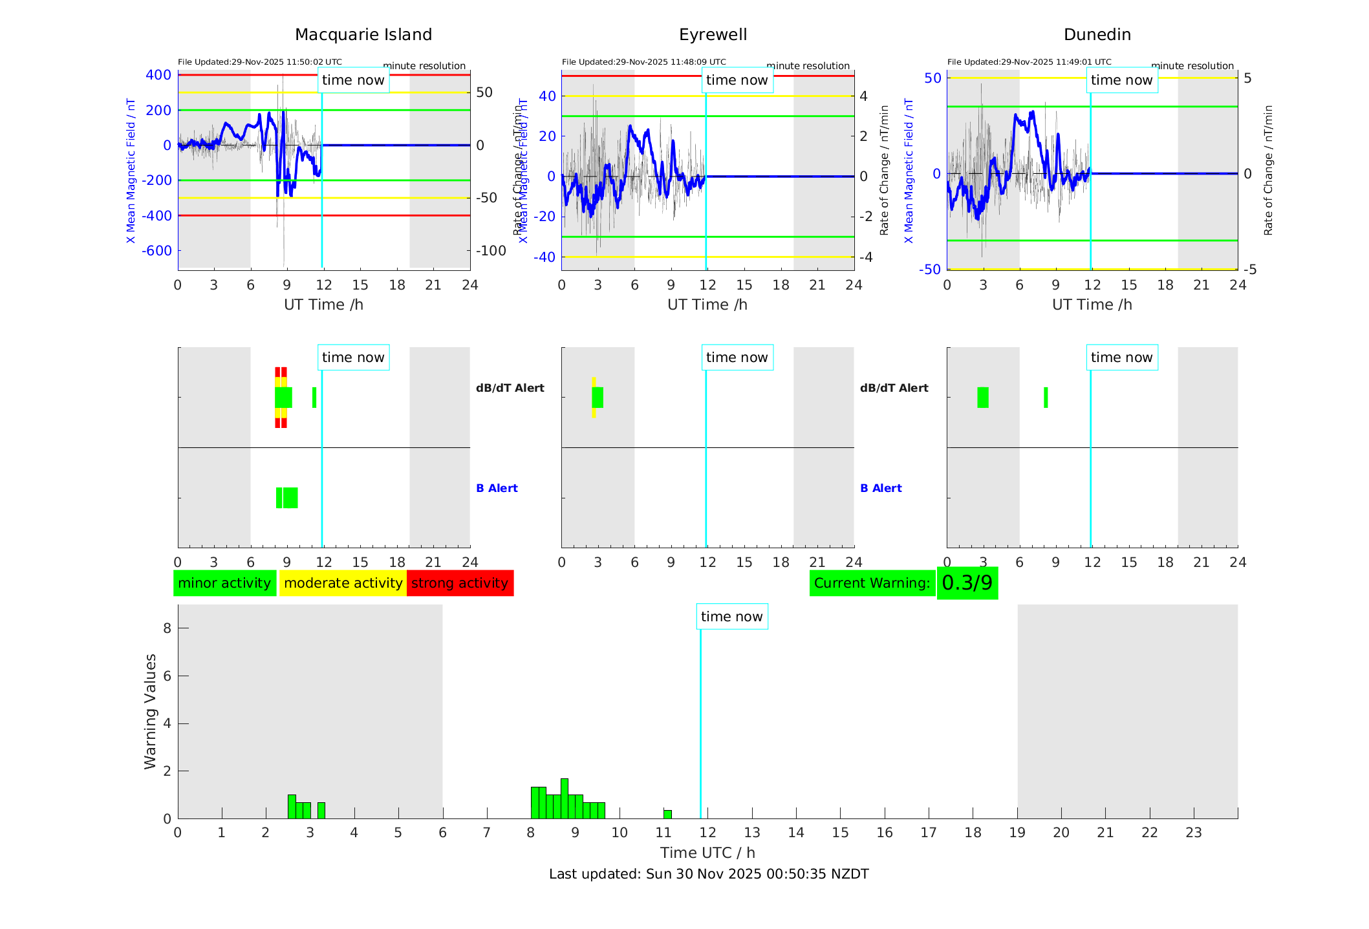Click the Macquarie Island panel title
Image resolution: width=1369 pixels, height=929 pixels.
(x=363, y=35)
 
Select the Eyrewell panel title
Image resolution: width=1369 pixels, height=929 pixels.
(x=713, y=35)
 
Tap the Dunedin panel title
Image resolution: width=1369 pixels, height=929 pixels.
(x=1097, y=35)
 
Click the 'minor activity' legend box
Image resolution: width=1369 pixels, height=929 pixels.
(x=224, y=583)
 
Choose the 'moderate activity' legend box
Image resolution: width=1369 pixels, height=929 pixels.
(x=343, y=583)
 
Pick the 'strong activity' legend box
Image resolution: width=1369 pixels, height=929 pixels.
(x=460, y=583)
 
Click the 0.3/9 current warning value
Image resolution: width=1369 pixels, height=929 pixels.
(x=967, y=583)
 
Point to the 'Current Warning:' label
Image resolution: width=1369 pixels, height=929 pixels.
(x=872, y=583)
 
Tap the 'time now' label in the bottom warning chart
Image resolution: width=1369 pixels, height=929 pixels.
(x=731, y=617)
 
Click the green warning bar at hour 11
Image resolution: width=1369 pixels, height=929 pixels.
(x=667, y=815)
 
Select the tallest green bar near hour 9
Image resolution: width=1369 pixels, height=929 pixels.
(x=565, y=799)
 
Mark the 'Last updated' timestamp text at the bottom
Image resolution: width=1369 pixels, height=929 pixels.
(x=708, y=874)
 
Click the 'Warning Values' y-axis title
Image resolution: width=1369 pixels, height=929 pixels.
(x=151, y=711)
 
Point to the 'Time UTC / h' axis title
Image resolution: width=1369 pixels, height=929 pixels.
(x=707, y=853)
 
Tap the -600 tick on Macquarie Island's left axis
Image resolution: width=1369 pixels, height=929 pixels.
(x=158, y=251)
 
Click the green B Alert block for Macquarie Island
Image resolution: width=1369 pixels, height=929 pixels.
(x=287, y=498)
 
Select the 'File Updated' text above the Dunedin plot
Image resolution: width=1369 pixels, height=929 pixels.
(x=1029, y=62)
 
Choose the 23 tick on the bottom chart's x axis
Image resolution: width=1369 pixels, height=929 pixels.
(x=1193, y=833)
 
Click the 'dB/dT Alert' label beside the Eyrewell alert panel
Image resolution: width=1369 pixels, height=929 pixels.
(x=894, y=388)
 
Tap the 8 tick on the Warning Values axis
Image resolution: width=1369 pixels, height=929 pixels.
(x=167, y=628)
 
